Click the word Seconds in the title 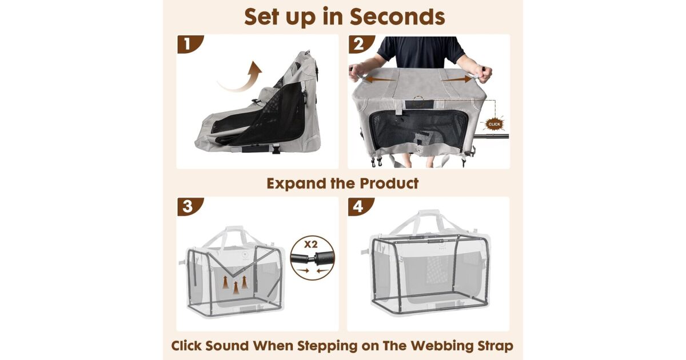[x=397, y=17]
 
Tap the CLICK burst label [x=494, y=124]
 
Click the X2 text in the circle [x=310, y=245]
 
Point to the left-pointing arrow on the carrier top [x=380, y=79]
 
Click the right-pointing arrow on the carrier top [x=457, y=79]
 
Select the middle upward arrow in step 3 [x=236, y=288]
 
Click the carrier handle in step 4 [x=429, y=221]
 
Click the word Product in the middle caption [x=389, y=183]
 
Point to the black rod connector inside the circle [x=312, y=258]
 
